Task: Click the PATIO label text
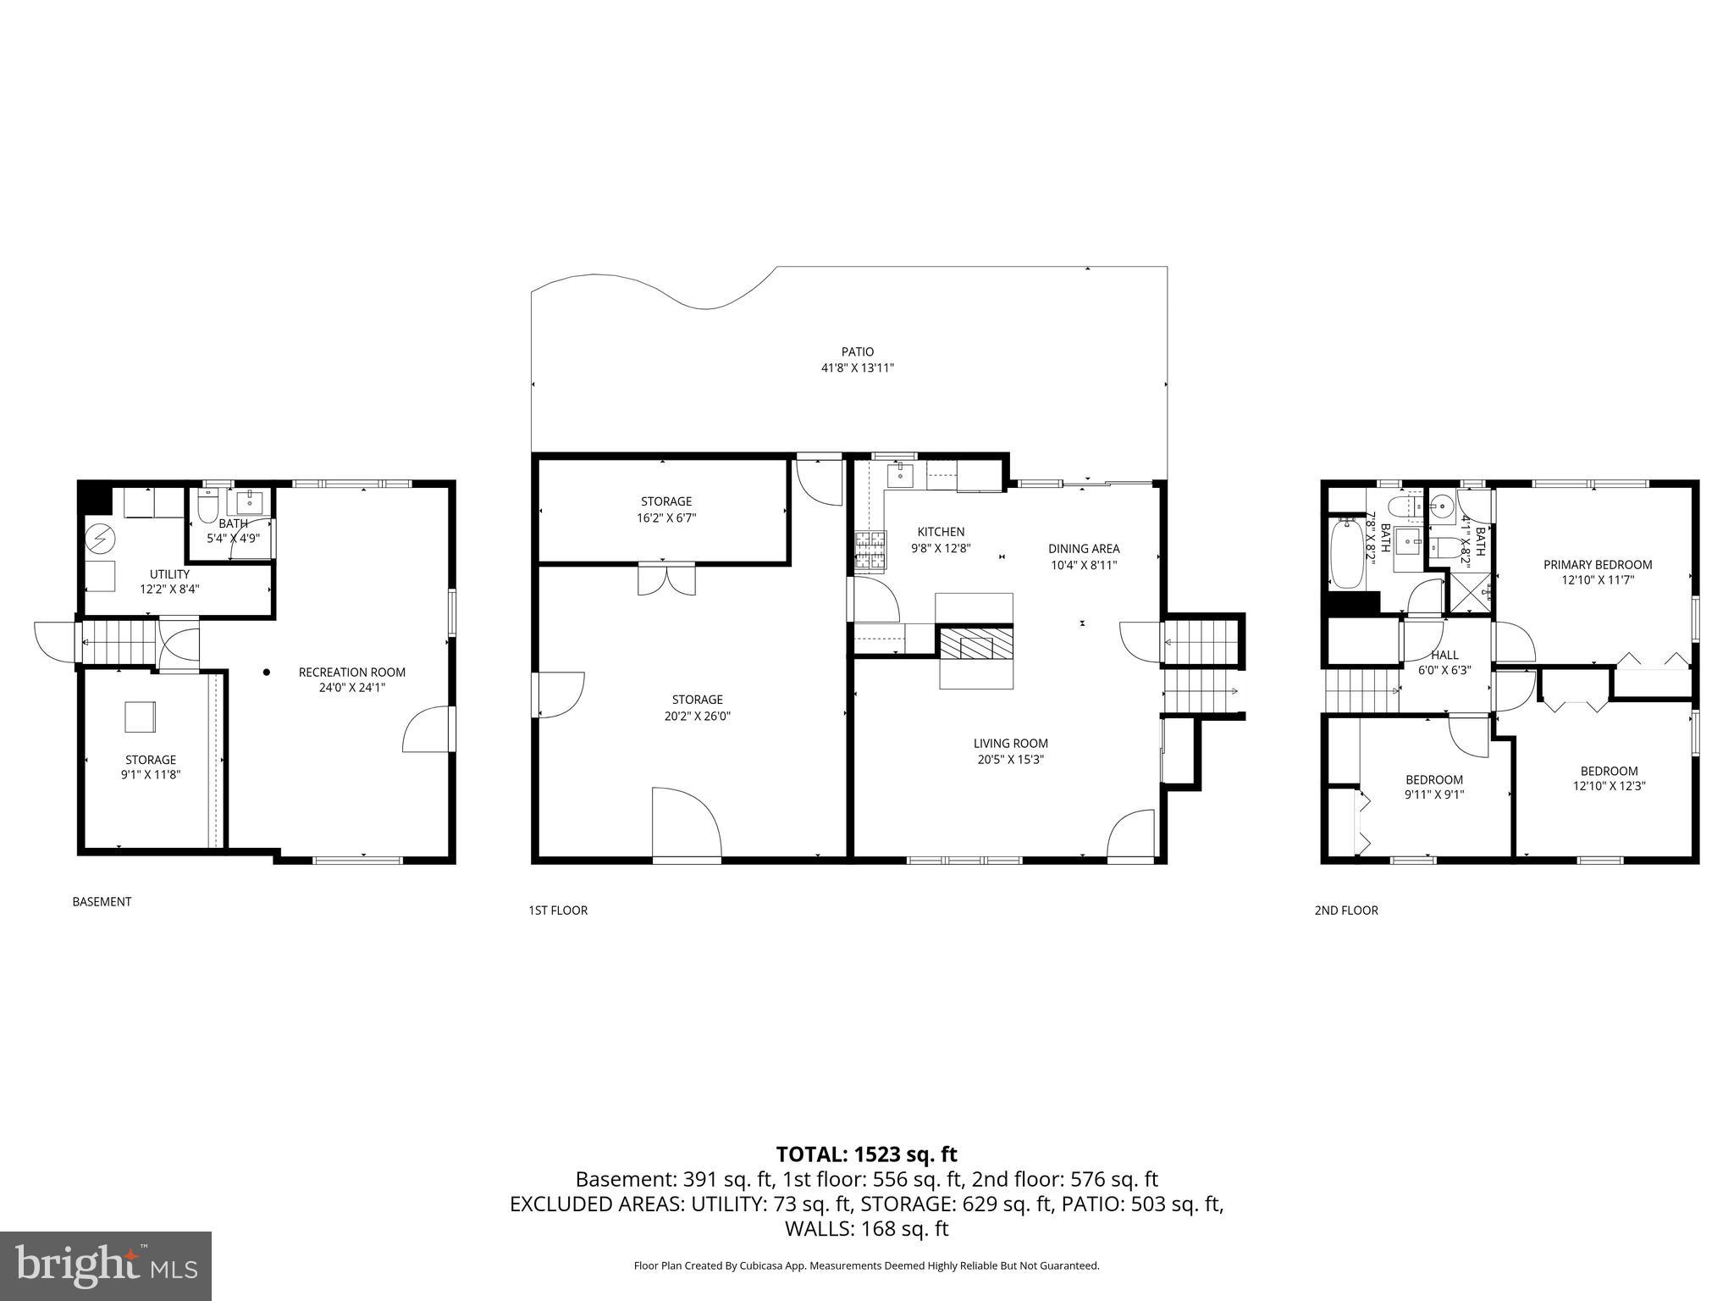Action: (x=857, y=352)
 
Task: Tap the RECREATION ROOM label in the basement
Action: (x=351, y=673)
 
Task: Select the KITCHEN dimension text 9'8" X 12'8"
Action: (x=941, y=548)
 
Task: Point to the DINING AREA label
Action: (x=1084, y=549)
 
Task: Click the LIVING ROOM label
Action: (x=1010, y=744)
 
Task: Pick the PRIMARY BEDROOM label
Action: (x=1597, y=565)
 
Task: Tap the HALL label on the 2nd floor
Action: (x=1444, y=655)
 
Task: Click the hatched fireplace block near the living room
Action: (x=975, y=644)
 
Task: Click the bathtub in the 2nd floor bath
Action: (x=1345, y=554)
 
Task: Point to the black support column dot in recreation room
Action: (x=266, y=673)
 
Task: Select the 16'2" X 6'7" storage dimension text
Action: (x=666, y=518)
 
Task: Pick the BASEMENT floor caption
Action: (x=102, y=902)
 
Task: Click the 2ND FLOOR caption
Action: (x=1345, y=911)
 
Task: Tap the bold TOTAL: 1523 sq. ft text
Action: (x=866, y=1154)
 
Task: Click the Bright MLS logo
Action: (x=106, y=1266)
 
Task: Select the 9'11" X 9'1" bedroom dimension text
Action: (x=1433, y=794)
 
